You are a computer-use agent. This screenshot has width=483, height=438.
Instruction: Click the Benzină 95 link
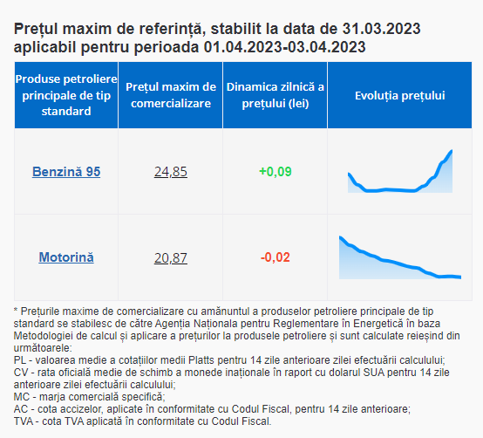pyautogui.click(x=66, y=172)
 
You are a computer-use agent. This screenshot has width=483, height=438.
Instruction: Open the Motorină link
pyautogui.click(x=66, y=257)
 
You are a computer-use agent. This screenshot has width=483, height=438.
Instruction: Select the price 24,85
pyautogui.click(x=171, y=172)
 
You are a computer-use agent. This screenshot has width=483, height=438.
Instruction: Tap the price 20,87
pyautogui.click(x=171, y=257)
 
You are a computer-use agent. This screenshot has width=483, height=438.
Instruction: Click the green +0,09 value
pyautogui.click(x=276, y=172)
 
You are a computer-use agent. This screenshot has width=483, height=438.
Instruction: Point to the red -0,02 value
pyautogui.click(x=276, y=257)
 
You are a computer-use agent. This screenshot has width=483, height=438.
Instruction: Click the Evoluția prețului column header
pyautogui.click(x=400, y=96)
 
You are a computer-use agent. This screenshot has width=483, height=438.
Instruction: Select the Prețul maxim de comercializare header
pyautogui.click(x=171, y=95)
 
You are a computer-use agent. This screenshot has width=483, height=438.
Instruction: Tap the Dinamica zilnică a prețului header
pyautogui.click(x=276, y=95)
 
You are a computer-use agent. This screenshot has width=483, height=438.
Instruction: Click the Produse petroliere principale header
pyautogui.click(x=66, y=95)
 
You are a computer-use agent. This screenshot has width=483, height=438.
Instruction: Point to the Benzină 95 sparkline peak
pyautogui.click(x=452, y=151)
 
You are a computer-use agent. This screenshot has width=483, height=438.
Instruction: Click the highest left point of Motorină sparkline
pyautogui.click(x=340, y=237)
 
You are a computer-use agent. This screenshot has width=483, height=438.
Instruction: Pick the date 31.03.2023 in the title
pyautogui.click(x=381, y=29)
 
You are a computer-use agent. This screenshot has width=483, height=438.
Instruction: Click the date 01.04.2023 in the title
pyautogui.click(x=242, y=47)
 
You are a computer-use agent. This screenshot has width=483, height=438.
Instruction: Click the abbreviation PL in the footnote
pyautogui.click(x=20, y=360)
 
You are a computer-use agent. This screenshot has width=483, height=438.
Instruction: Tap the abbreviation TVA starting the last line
pyautogui.click(x=23, y=421)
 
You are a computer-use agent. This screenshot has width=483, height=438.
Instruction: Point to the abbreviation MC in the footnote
pyautogui.click(x=21, y=397)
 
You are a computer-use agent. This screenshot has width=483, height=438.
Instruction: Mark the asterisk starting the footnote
pyautogui.click(x=16, y=310)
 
